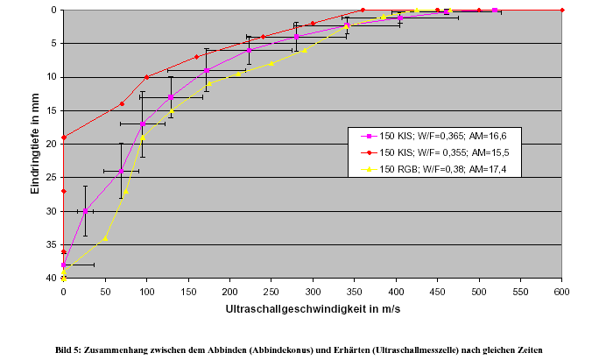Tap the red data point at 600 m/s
pyautogui.click(x=562, y=11)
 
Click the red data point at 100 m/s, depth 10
pyautogui.click(x=146, y=77)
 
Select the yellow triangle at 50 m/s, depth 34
pyautogui.click(x=105, y=238)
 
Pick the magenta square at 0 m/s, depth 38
pyautogui.click(x=64, y=265)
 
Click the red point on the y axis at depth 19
pyautogui.click(x=64, y=138)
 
